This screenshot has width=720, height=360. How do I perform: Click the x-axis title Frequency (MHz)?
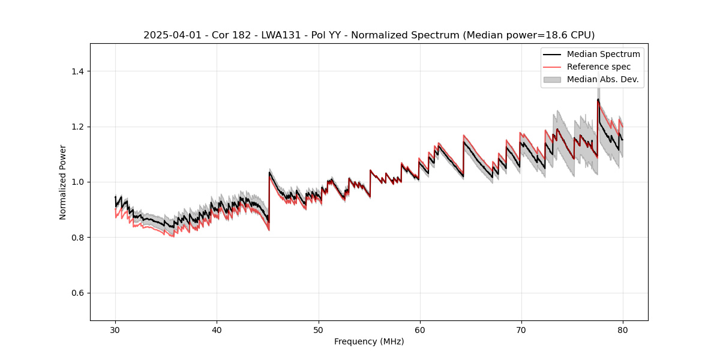(369, 341)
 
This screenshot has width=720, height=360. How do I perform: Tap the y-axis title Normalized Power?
(63, 182)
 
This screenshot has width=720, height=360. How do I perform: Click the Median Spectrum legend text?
(603, 54)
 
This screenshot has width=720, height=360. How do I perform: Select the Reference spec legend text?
(599, 67)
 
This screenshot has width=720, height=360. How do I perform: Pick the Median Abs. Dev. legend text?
(602, 79)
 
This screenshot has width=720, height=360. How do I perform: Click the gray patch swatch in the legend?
(552, 79)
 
